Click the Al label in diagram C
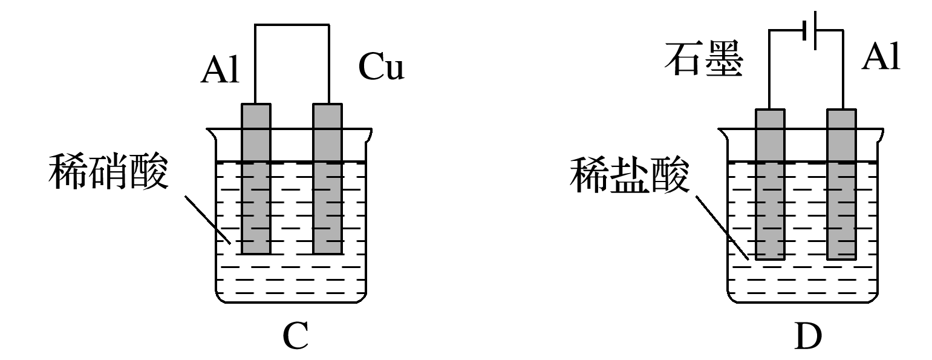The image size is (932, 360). pyautogui.click(x=220, y=70)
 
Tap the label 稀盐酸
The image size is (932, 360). pyautogui.click(x=629, y=176)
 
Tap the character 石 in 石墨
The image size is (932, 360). pyautogui.click(x=682, y=61)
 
